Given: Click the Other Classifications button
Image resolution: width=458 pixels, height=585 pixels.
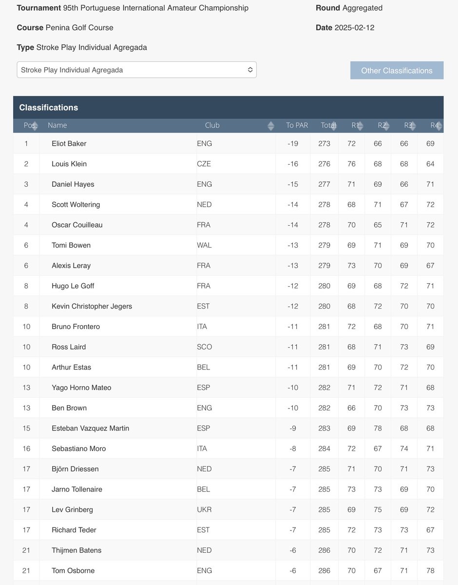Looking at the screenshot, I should pyautogui.click(x=397, y=70).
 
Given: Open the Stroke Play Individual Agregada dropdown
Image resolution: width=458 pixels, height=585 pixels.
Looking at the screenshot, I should pyautogui.click(x=136, y=70).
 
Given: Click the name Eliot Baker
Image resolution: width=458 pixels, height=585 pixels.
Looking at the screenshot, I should pyautogui.click(x=69, y=143).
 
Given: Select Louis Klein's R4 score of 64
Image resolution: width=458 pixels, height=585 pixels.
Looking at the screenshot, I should pyautogui.click(x=430, y=164).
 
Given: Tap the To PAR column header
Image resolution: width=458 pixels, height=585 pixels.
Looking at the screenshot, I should pyautogui.click(x=297, y=125).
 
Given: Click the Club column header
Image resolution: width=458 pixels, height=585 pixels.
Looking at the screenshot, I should pyautogui.click(x=212, y=125).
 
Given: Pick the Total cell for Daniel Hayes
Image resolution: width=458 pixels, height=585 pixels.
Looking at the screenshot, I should pyautogui.click(x=324, y=184).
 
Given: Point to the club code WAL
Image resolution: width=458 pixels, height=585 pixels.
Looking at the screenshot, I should pyautogui.click(x=204, y=245).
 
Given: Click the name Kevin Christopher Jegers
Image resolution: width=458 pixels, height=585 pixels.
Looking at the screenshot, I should pyautogui.click(x=92, y=306).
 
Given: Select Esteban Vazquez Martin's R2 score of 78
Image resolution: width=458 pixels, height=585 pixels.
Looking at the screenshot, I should pyautogui.click(x=378, y=428).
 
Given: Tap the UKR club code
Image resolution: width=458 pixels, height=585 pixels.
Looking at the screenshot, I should pyautogui.click(x=204, y=509).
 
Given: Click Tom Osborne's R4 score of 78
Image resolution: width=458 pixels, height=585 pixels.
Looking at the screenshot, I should pyautogui.click(x=430, y=570).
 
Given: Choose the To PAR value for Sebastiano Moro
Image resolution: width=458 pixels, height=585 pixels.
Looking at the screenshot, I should pyautogui.click(x=293, y=448).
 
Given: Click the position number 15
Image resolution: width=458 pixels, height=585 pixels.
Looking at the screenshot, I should pyautogui.click(x=26, y=428).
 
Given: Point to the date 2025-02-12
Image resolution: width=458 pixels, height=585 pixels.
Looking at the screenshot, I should pyautogui.click(x=354, y=27).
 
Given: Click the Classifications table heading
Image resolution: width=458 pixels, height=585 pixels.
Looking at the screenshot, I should pyautogui.click(x=49, y=107).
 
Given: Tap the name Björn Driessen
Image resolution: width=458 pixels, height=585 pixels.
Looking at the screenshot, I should pyautogui.click(x=75, y=469).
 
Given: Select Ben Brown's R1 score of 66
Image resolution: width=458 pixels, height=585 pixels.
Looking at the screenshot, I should pyautogui.click(x=351, y=408).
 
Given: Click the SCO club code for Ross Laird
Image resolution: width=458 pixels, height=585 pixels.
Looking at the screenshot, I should pyautogui.click(x=204, y=347).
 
